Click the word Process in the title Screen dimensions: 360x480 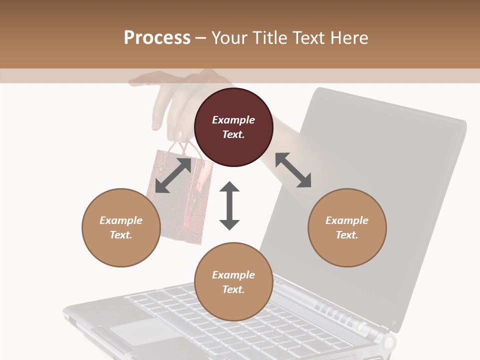pos(157,37)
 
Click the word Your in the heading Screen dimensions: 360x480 pos(229,37)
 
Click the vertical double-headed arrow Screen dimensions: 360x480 pos(229,205)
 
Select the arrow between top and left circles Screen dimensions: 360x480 pos(173,175)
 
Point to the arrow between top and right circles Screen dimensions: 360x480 pos(293,170)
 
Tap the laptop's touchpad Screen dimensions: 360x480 pos(137,330)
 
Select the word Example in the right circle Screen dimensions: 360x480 pos(347,220)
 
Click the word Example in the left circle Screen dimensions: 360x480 pos(121,220)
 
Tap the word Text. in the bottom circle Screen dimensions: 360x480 pos(233,289)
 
